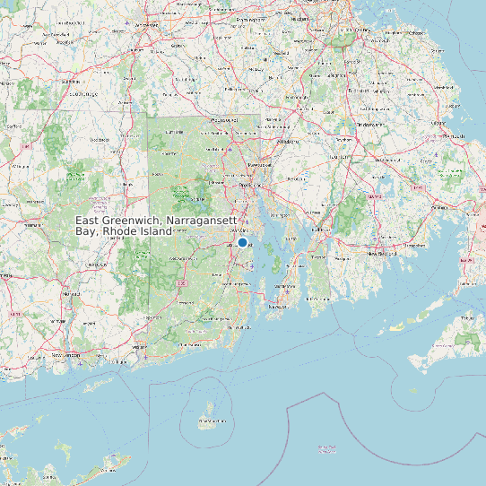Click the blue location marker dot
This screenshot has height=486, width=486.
[x=242, y=242]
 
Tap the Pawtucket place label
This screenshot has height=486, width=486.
[x=259, y=166]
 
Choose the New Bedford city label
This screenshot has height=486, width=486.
[x=383, y=254]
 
